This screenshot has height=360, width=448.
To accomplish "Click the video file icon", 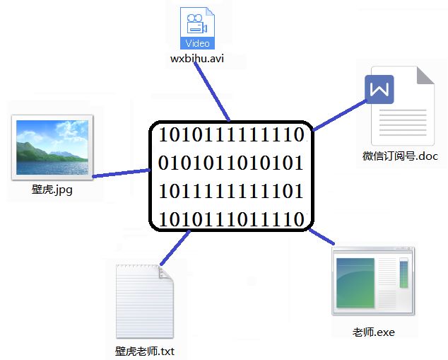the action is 197,28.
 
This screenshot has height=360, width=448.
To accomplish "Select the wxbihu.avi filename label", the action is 197,59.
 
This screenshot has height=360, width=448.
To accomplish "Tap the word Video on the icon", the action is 197,43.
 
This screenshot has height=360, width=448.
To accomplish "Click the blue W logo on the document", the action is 379,90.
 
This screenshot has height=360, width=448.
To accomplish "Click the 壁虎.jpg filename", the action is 52,190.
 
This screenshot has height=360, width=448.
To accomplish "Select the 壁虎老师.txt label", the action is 144,351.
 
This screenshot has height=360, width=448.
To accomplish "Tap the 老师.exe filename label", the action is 373,332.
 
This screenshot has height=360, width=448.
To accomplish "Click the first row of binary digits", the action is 231,134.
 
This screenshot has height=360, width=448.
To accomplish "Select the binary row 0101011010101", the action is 231,163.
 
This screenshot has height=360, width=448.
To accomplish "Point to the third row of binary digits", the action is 231,191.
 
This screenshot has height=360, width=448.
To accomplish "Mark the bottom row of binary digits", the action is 231,219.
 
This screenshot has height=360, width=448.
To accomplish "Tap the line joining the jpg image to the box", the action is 120,172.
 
